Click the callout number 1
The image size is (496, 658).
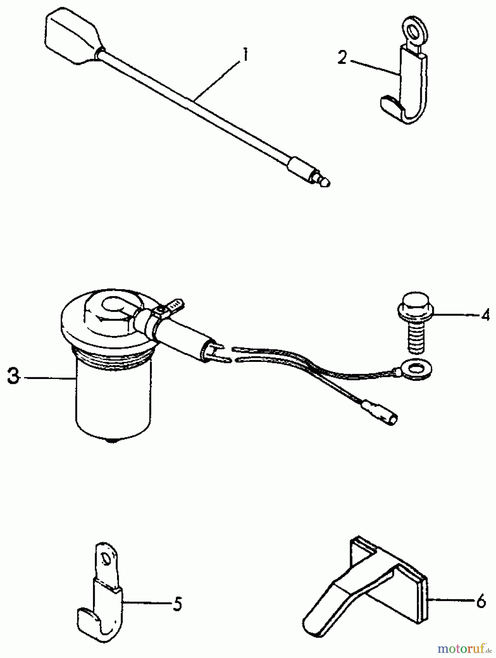pos(245,57)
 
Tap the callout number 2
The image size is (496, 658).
pos(342,58)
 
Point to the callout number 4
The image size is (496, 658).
pos(485,314)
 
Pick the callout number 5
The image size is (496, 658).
pos(177,604)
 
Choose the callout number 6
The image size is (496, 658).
pos(481,601)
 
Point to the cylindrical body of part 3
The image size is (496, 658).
pos(112,398)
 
